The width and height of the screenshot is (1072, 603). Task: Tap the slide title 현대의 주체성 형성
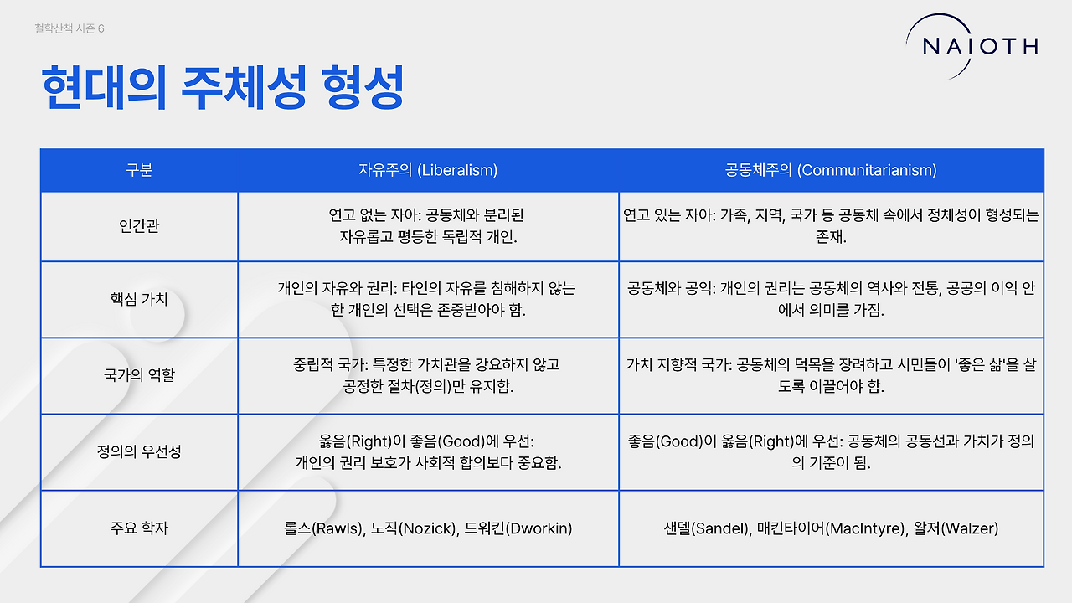[223, 88]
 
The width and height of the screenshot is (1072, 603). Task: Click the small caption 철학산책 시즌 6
[70, 28]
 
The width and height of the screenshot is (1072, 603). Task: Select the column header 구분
[139, 170]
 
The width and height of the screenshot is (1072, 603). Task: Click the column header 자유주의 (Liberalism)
[428, 170]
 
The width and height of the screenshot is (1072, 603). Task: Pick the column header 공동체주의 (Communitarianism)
[831, 170]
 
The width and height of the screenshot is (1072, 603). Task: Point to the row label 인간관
[139, 225]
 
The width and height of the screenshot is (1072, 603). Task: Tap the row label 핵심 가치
[139, 299]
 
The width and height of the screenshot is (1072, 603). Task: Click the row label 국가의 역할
[139, 374]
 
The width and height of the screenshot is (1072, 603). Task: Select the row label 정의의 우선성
[139, 451]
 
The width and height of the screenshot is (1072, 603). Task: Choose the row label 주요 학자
[139, 528]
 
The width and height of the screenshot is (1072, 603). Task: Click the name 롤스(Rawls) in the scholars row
[324, 528]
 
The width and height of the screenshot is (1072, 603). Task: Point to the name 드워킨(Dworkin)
[518, 528]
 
